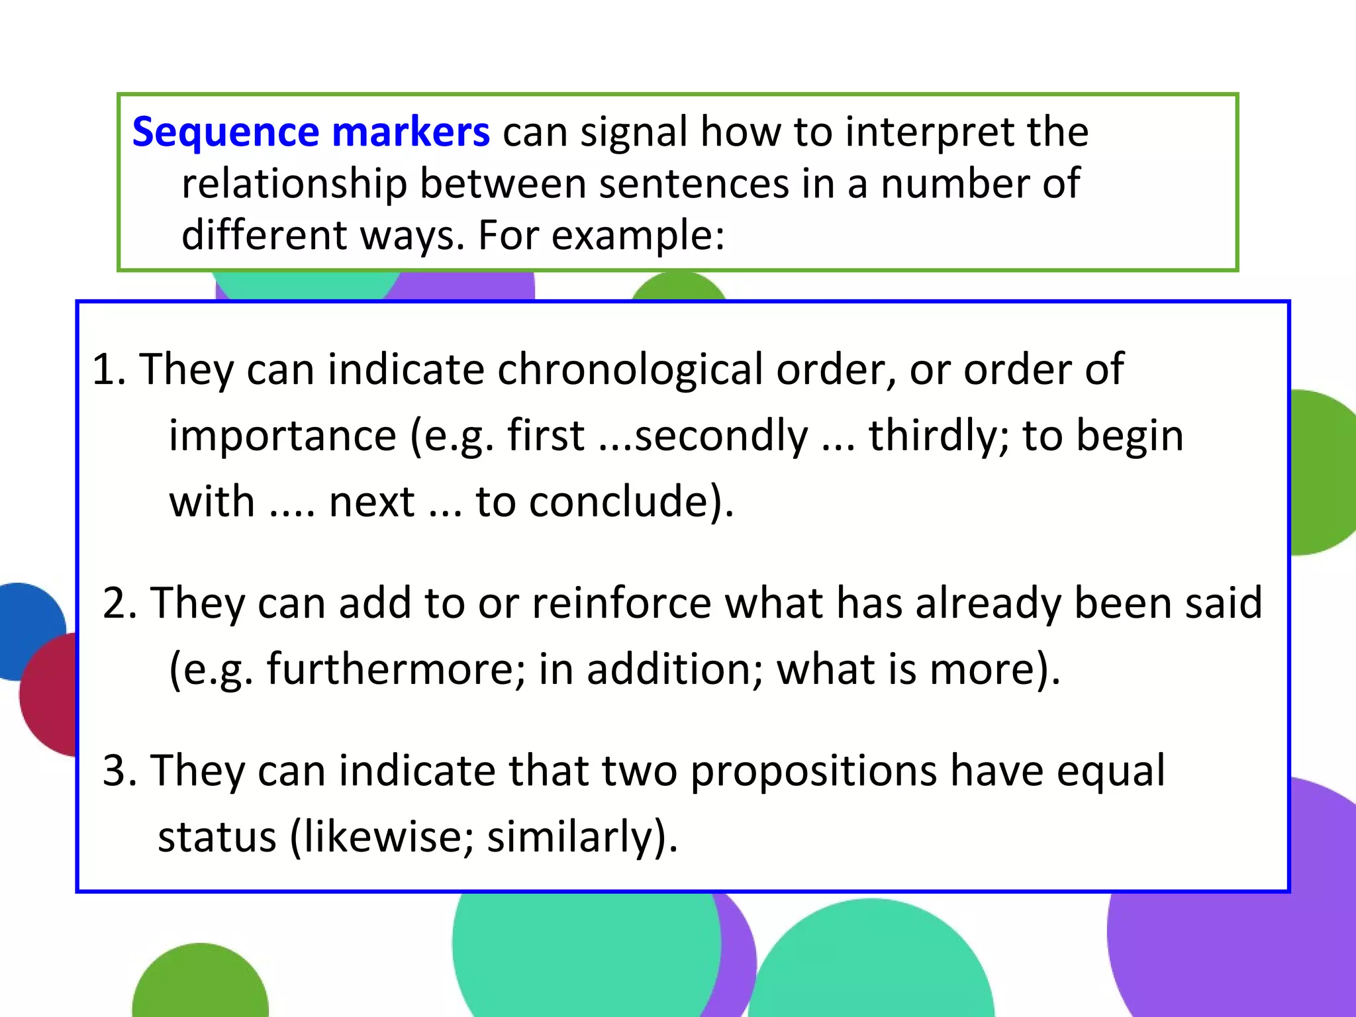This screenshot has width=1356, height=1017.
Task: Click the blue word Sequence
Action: coord(226,132)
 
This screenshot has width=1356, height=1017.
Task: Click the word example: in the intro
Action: coord(638,236)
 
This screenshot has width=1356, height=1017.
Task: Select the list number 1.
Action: coord(107,369)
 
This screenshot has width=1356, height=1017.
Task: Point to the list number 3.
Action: coord(120,771)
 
